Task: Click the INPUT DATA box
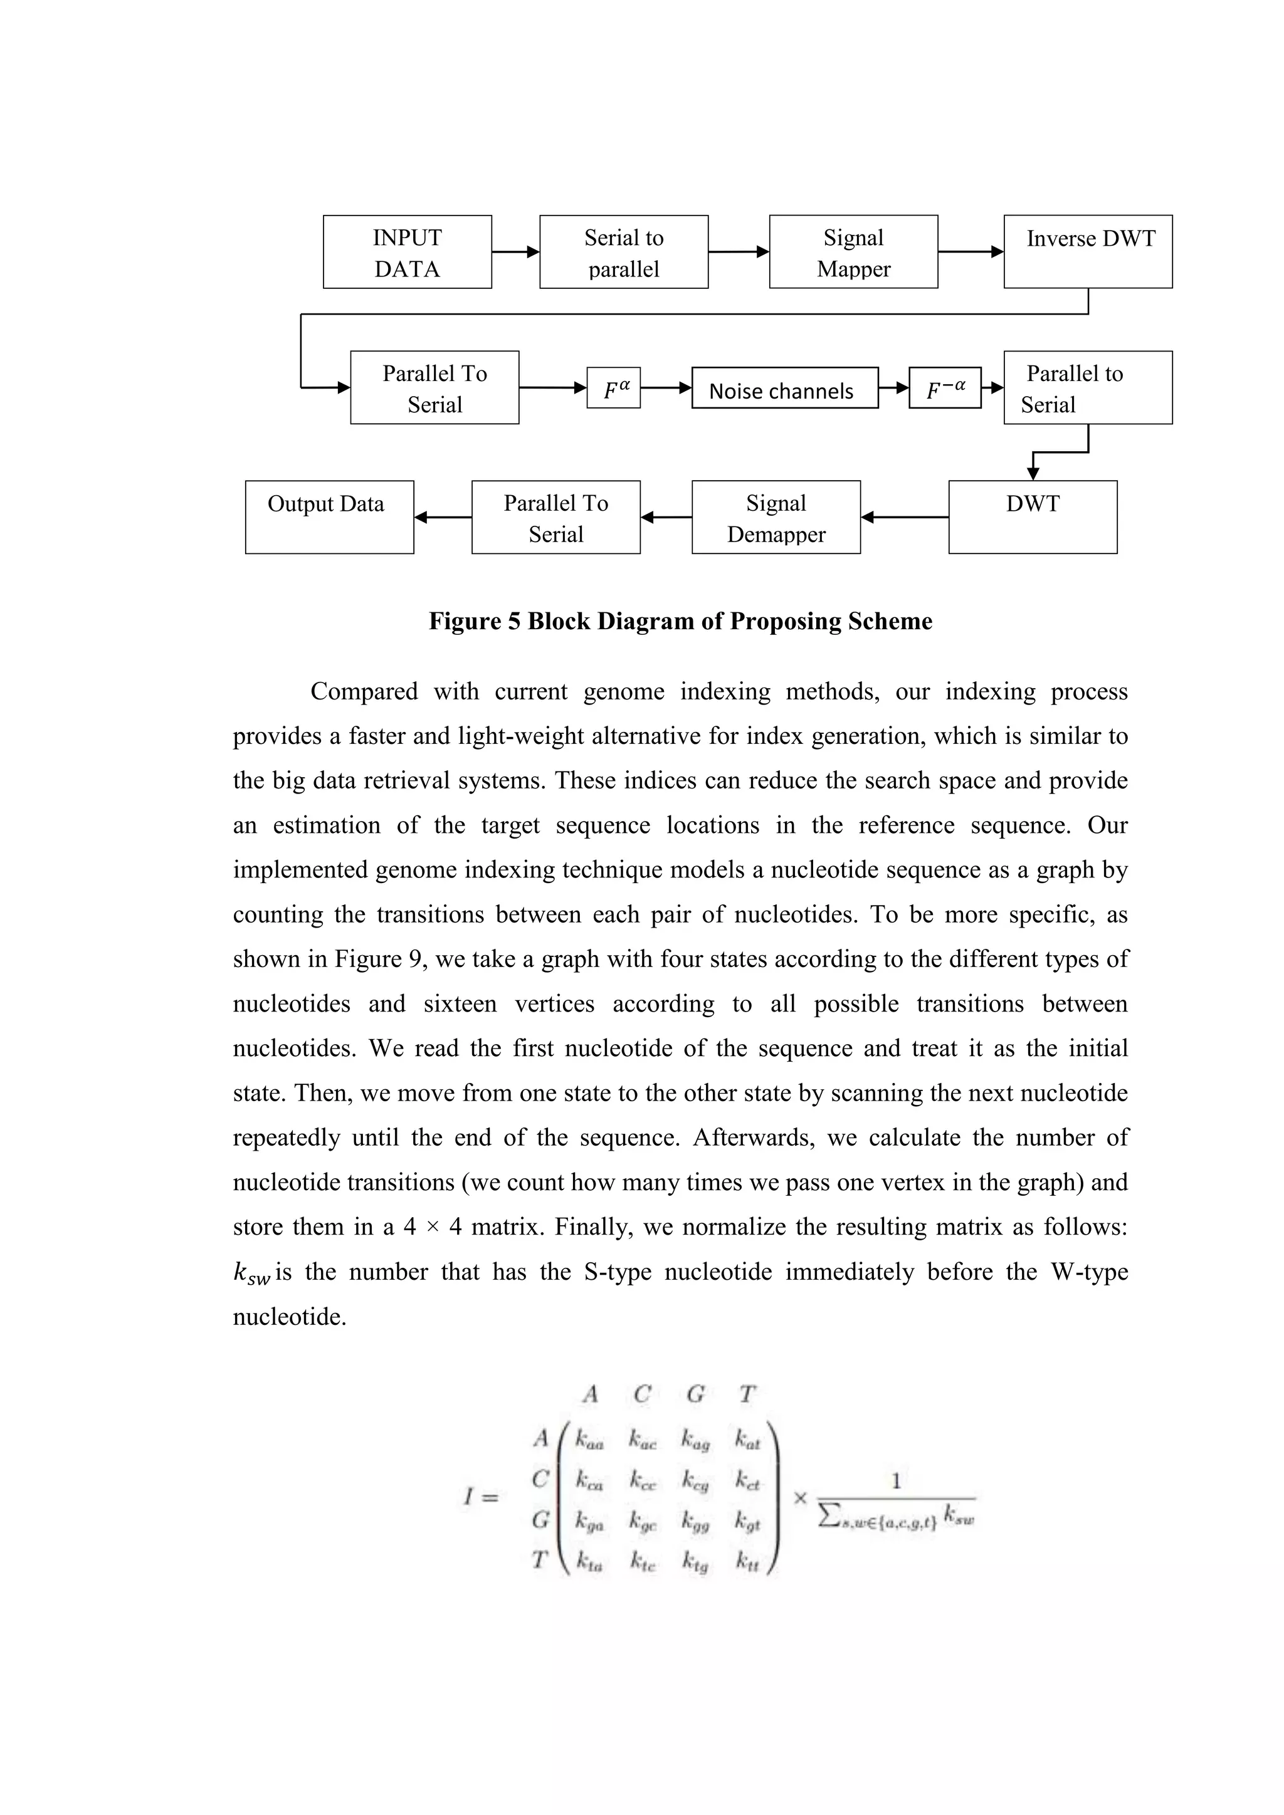[x=407, y=252]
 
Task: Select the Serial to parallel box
[x=624, y=252]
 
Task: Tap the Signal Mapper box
[x=853, y=252]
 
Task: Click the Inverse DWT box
[x=1088, y=251]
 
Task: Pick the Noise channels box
[x=784, y=388]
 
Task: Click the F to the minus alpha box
[x=945, y=388]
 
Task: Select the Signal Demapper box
[x=776, y=518]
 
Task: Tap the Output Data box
[x=329, y=518]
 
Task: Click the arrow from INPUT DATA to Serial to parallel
[x=515, y=252]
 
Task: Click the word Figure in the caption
[x=465, y=621]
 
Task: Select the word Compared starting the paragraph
[x=363, y=692]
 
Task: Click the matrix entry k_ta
[x=589, y=1561]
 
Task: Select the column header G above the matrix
[x=695, y=1394]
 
